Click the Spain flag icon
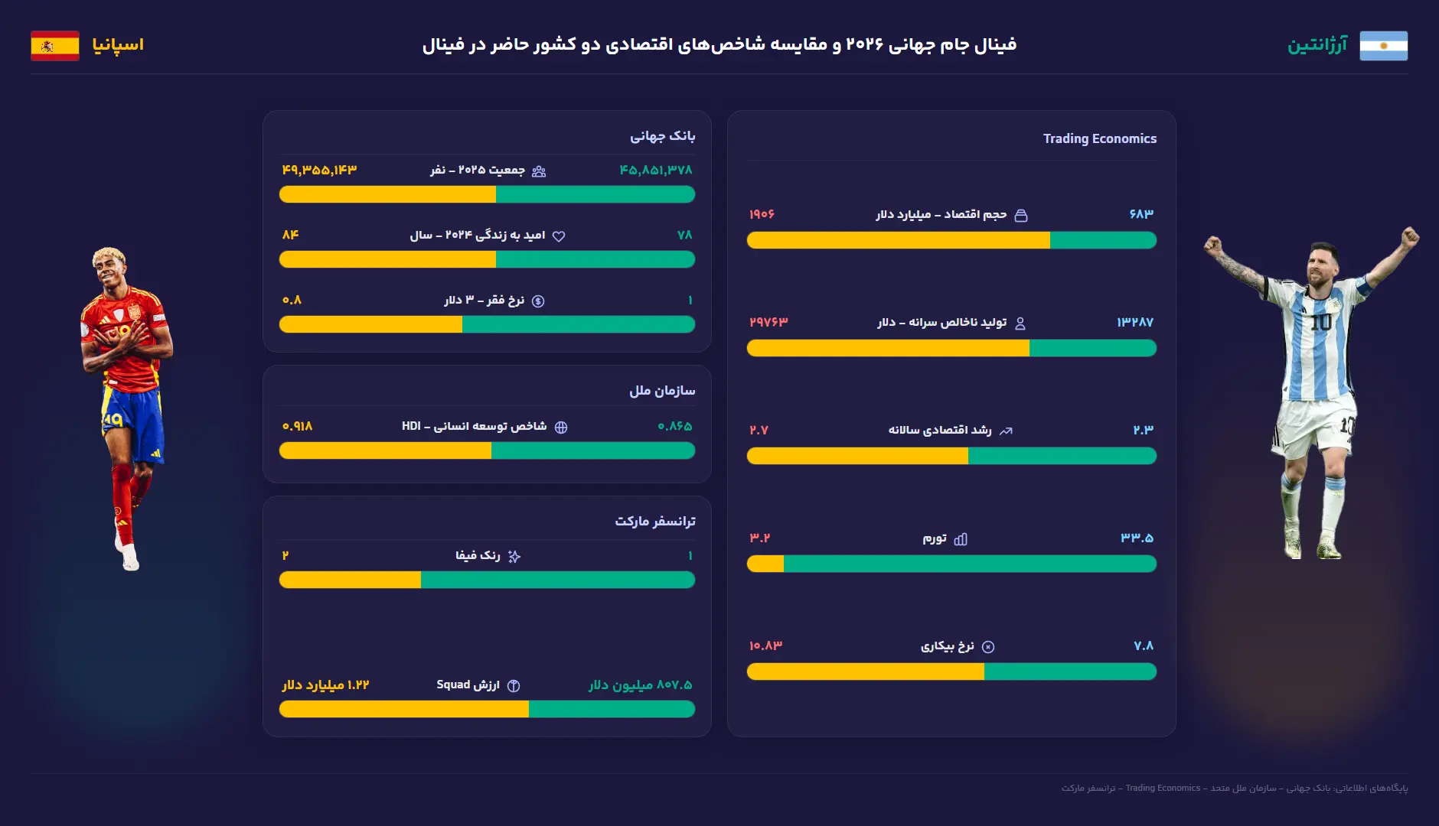pos(55,46)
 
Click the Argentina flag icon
pos(1384,46)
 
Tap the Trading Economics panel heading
pos(1100,138)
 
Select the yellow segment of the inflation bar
pos(765,564)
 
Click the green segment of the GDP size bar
pos(1103,240)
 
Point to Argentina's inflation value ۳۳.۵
pos(1137,538)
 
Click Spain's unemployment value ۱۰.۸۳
pos(765,646)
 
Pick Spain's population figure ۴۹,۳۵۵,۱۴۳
pos(319,170)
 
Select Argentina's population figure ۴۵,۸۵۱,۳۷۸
pos(656,170)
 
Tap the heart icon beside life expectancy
pos(559,236)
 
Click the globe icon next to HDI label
pos(561,428)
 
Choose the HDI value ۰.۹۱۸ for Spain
pos(297,426)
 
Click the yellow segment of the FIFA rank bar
pos(350,580)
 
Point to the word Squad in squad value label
pos(453,685)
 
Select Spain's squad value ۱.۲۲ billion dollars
pos(325,685)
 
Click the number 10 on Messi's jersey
pos(1321,322)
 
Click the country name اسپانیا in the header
pos(118,45)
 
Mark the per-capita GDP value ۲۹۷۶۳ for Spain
pos(768,322)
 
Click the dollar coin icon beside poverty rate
pos(538,301)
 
